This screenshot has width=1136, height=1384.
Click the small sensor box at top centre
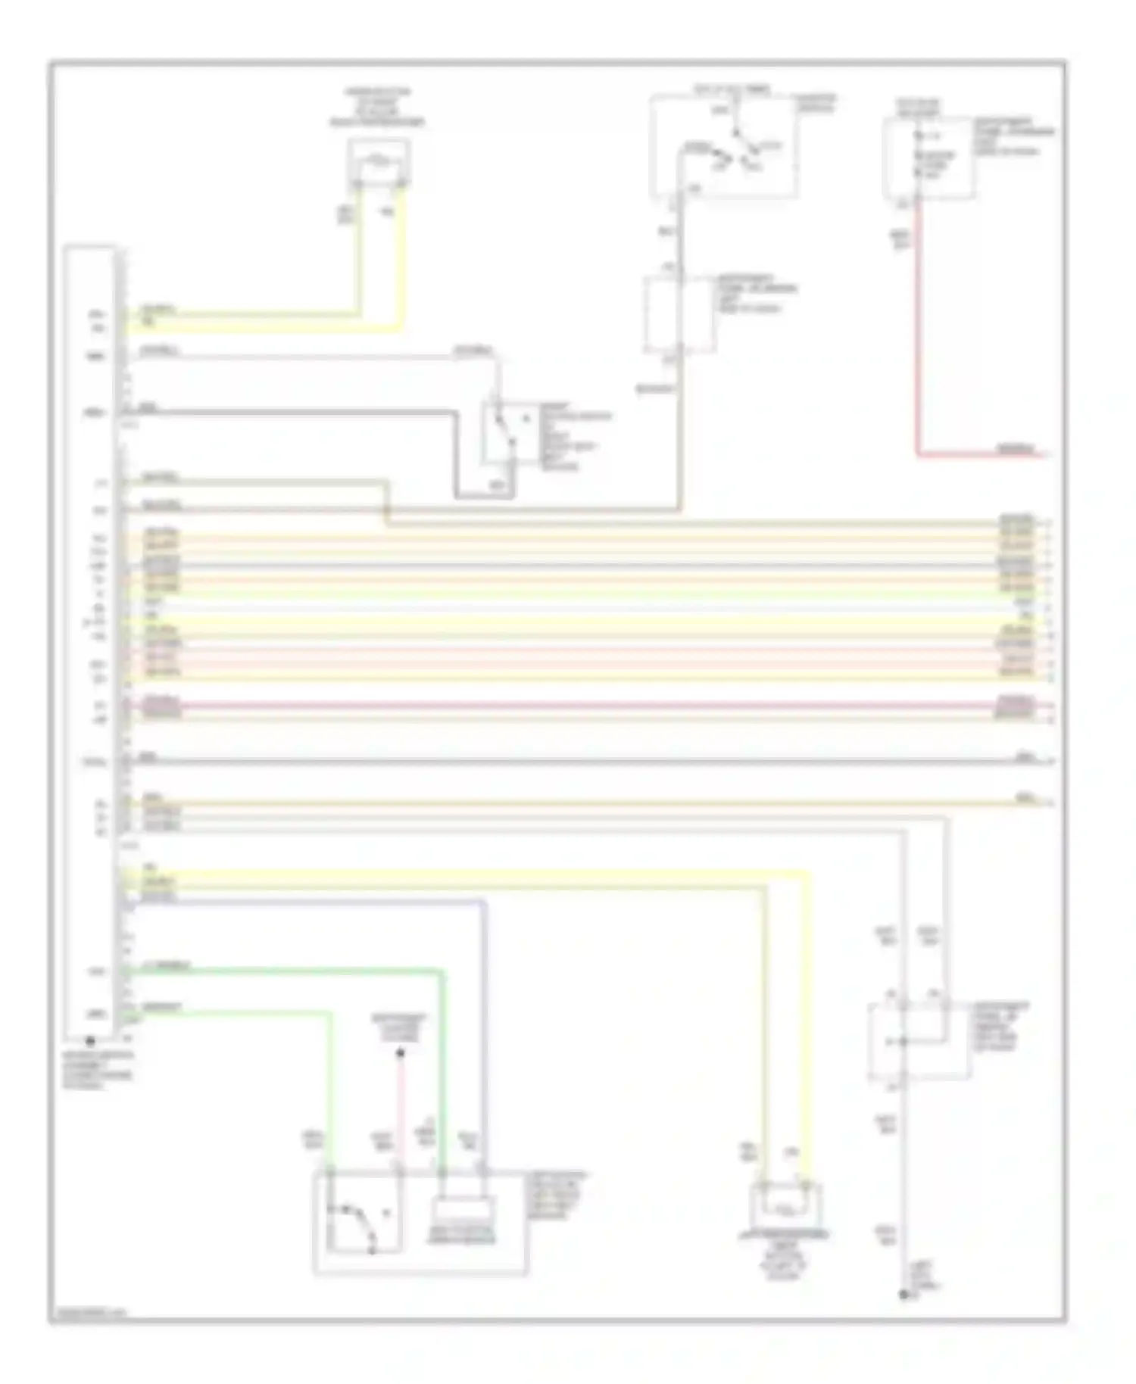pyautogui.click(x=379, y=161)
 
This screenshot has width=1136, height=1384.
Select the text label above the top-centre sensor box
pyautogui.click(x=377, y=107)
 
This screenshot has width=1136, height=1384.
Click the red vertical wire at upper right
pyautogui.click(x=918, y=326)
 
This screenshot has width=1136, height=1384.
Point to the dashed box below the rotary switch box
pyautogui.click(x=679, y=313)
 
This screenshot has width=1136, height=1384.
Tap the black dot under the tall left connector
pyautogui.click(x=90, y=1041)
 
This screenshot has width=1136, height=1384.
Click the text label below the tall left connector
pyautogui.click(x=96, y=1070)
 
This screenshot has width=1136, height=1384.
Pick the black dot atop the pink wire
pyautogui.click(x=401, y=1053)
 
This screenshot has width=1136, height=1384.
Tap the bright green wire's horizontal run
pyautogui.click(x=288, y=970)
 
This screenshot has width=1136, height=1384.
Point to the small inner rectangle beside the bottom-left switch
pyautogui.click(x=462, y=1220)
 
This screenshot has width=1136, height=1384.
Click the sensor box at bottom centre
pyautogui.click(x=785, y=1205)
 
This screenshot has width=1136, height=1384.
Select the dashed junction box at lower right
pyautogui.click(x=918, y=1040)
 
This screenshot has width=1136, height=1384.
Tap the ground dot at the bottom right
pyautogui.click(x=903, y=1295)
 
